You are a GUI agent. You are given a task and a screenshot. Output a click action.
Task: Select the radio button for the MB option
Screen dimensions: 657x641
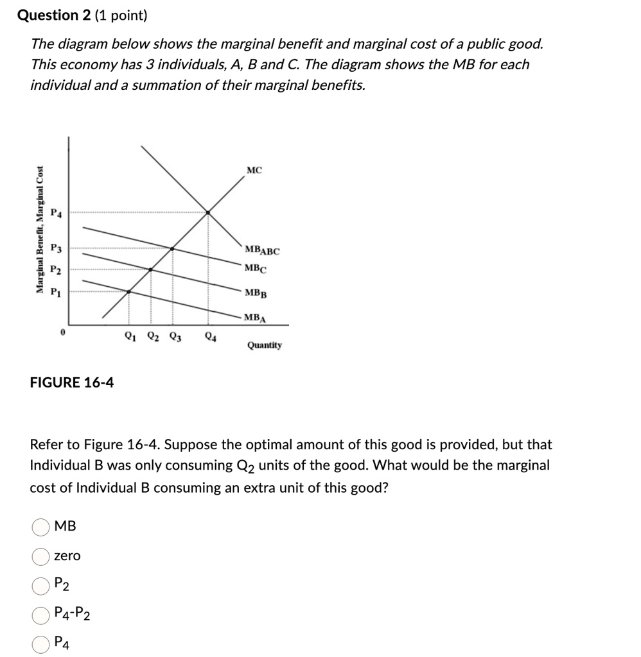tap(40, 527)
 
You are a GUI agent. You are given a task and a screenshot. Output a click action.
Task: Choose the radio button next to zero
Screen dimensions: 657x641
tap(40, 556)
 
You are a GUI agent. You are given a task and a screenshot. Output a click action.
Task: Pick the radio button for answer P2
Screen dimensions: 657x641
tap(40, 584)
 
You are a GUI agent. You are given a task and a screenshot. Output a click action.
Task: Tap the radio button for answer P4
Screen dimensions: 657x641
tap(40, 643)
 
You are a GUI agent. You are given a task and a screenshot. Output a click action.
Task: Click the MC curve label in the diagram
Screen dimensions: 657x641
tap(254, 171)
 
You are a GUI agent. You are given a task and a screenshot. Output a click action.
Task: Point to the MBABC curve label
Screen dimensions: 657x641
tap(262, 251)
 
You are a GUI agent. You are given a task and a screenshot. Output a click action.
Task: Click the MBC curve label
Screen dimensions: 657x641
tap(255, 269)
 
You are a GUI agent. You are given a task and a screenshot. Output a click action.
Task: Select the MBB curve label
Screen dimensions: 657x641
tap(255, 293)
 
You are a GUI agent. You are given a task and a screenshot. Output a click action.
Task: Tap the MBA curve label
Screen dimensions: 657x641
tap(256, 317)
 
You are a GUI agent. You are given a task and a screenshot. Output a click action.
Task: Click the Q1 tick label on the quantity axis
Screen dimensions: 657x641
tap(130, 335)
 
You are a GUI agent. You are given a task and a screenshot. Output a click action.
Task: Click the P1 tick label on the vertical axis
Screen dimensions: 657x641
tap(57, 291)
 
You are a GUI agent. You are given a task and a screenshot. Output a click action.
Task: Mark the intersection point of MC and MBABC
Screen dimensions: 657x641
tap(208, 211)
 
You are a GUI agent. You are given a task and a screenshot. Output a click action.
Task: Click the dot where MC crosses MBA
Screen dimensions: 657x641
tap(128, 292)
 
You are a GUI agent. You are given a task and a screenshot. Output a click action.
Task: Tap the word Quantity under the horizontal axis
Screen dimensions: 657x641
tap(264, 345)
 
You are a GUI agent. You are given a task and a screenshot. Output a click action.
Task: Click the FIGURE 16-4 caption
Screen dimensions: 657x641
tap(72, 383)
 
